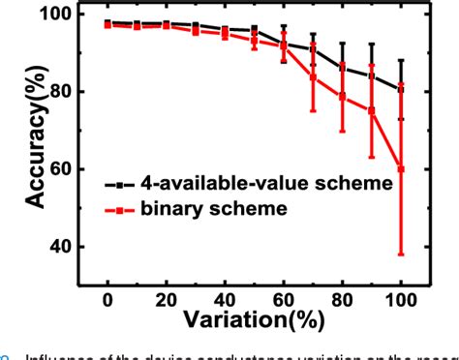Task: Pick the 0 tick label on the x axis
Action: coord(107,295)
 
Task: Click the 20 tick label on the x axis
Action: coord(166,295)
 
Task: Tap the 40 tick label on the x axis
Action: coord(225,295)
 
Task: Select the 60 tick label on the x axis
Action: coord(284,295)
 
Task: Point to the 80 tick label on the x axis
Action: coord(343,295)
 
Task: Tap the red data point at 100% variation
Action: coord(402,168)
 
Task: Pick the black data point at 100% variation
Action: coord(402,89)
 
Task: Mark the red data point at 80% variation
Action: coord(343,96)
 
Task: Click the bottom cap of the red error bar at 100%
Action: coord(402,255)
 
